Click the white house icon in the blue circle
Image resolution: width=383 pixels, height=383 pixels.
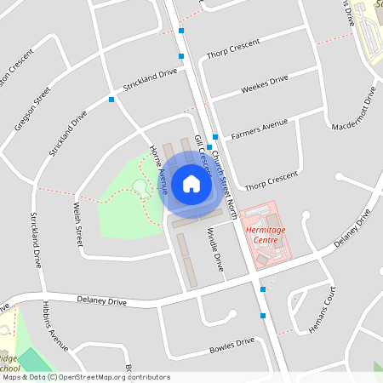(x=191, y=183)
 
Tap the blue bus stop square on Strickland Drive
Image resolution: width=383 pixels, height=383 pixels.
(x=111, y=100)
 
